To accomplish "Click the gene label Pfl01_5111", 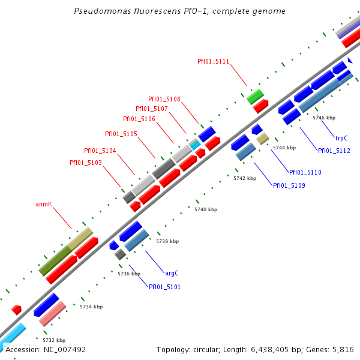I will pyautogui.click(x=213, y=61).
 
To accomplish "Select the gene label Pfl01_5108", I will pyautogui.click(x=164, y=99).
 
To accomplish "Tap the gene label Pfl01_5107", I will pyautogui.click(x=152, y=109).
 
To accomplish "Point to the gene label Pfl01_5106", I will pyautogui.click(x=139, y=119).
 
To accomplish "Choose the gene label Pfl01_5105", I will pyautogui.click(x=121, y=134).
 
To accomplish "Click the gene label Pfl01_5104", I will pyautogui.click(x=100, y=151).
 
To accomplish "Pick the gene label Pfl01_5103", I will pyautogui.click(x=86, y=163).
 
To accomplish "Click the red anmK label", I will pyautogui.click(x=44, y=204).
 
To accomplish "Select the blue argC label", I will pyautogui.click(x=172, y=273).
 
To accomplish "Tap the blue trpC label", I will pyautogui.click(x=341, y=138).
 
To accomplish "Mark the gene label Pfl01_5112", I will pyautogui.click(x=334, y=151).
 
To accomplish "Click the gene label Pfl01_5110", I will pyautogui.click(x=305, y=172).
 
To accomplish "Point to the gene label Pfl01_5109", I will pyautogui.click(x=289, y=185).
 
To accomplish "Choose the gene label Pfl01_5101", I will pyautogui.click(x=164, y=287).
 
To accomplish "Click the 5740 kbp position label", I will pyautogui.click(x=206, y=209).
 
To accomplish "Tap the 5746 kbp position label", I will pyautogui.click(x=324, y=118).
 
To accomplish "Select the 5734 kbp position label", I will pyautogui.click(x=91, y=307).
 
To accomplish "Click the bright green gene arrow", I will pyautogui.click(x=255, y=96).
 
